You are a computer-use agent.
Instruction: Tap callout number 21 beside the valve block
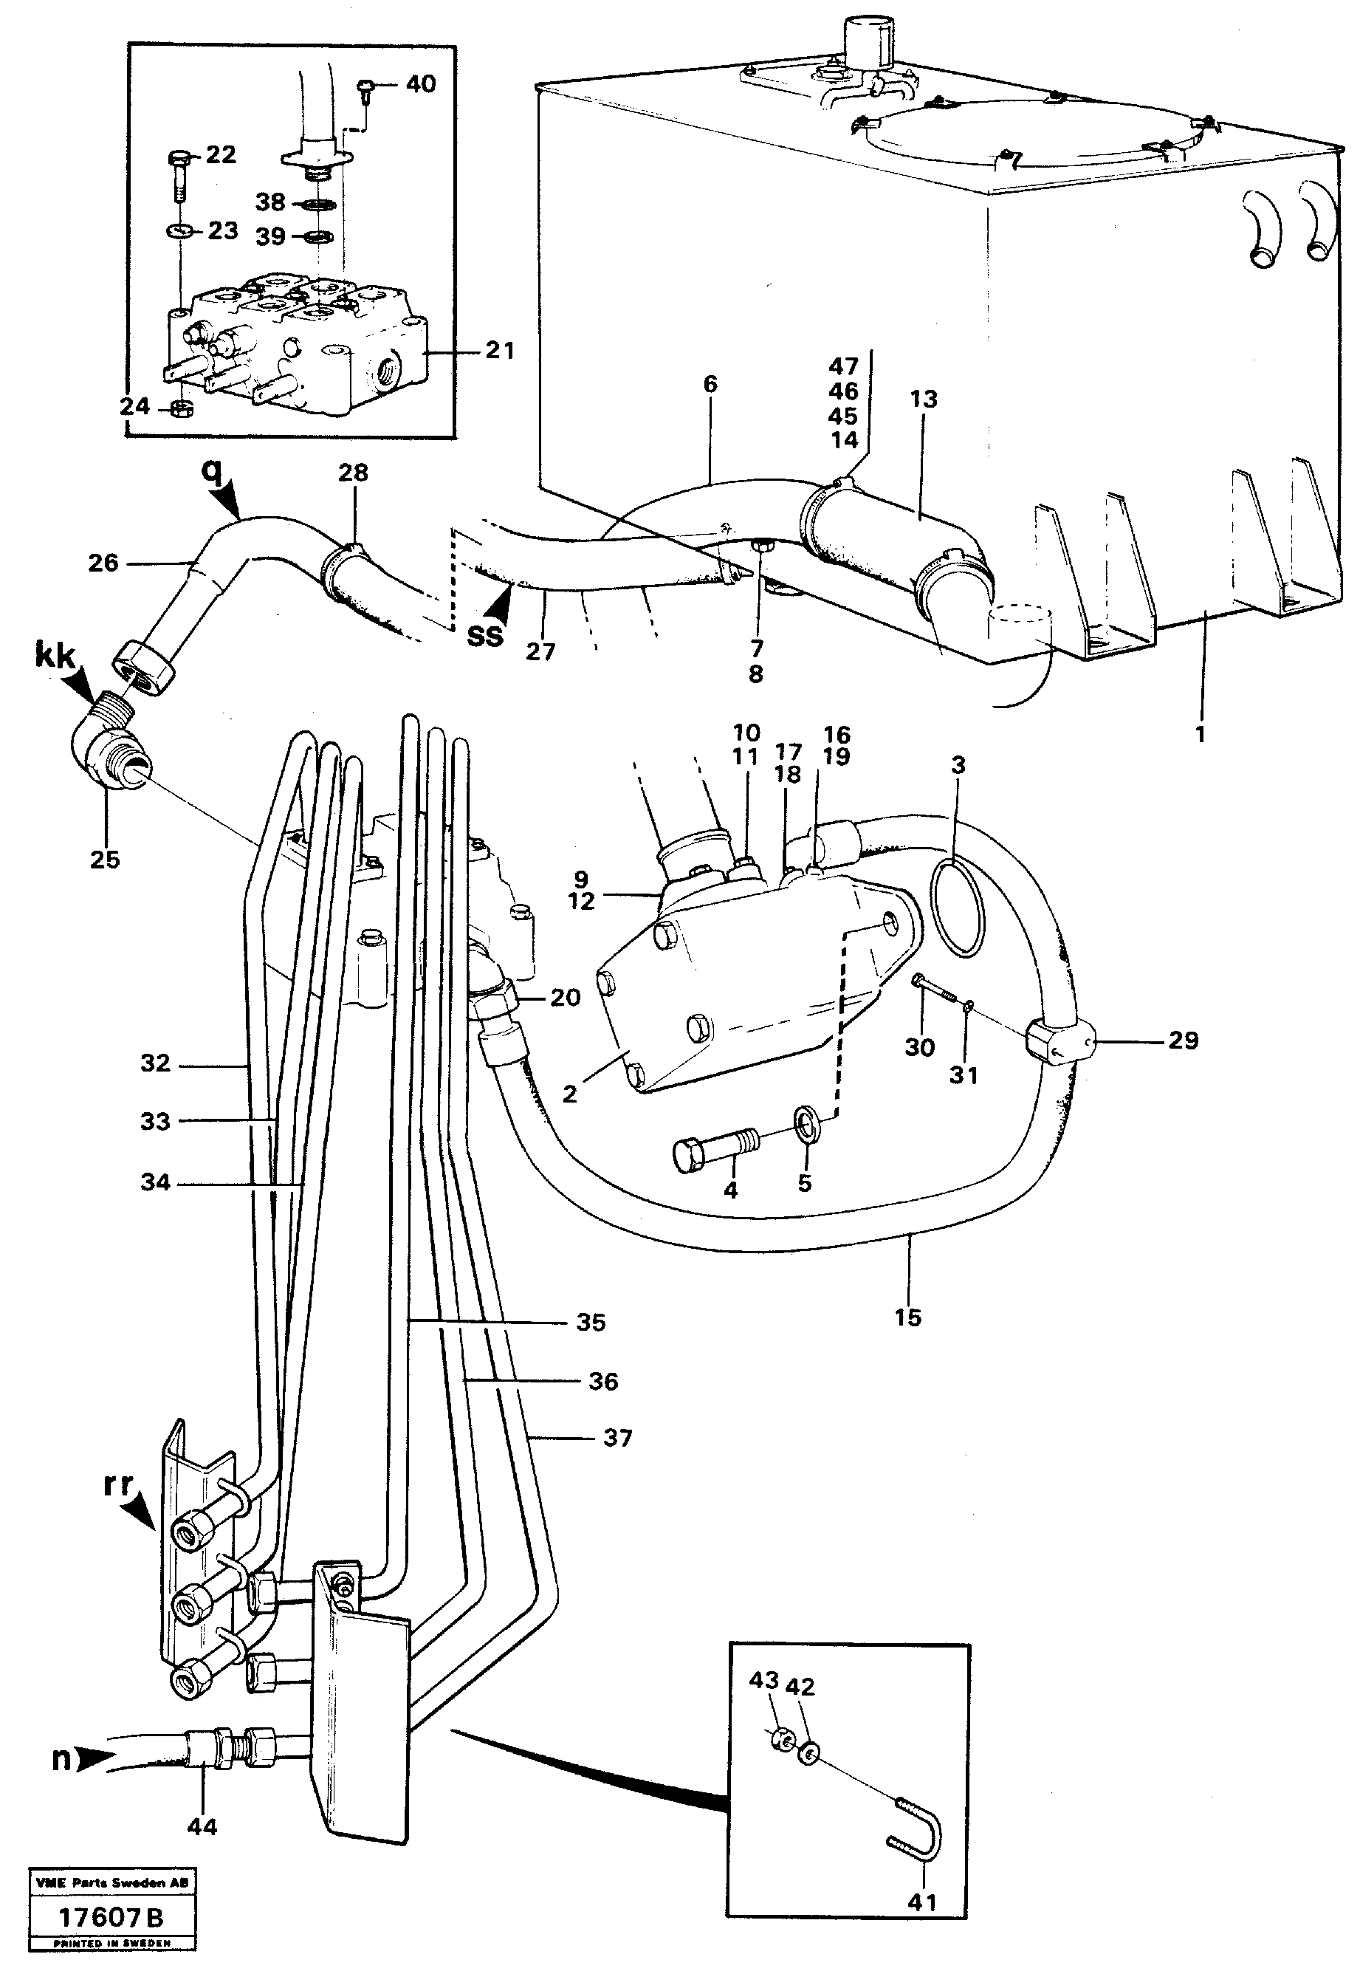pos(499,350)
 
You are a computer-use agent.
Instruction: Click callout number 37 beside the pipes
pos(617,1439)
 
